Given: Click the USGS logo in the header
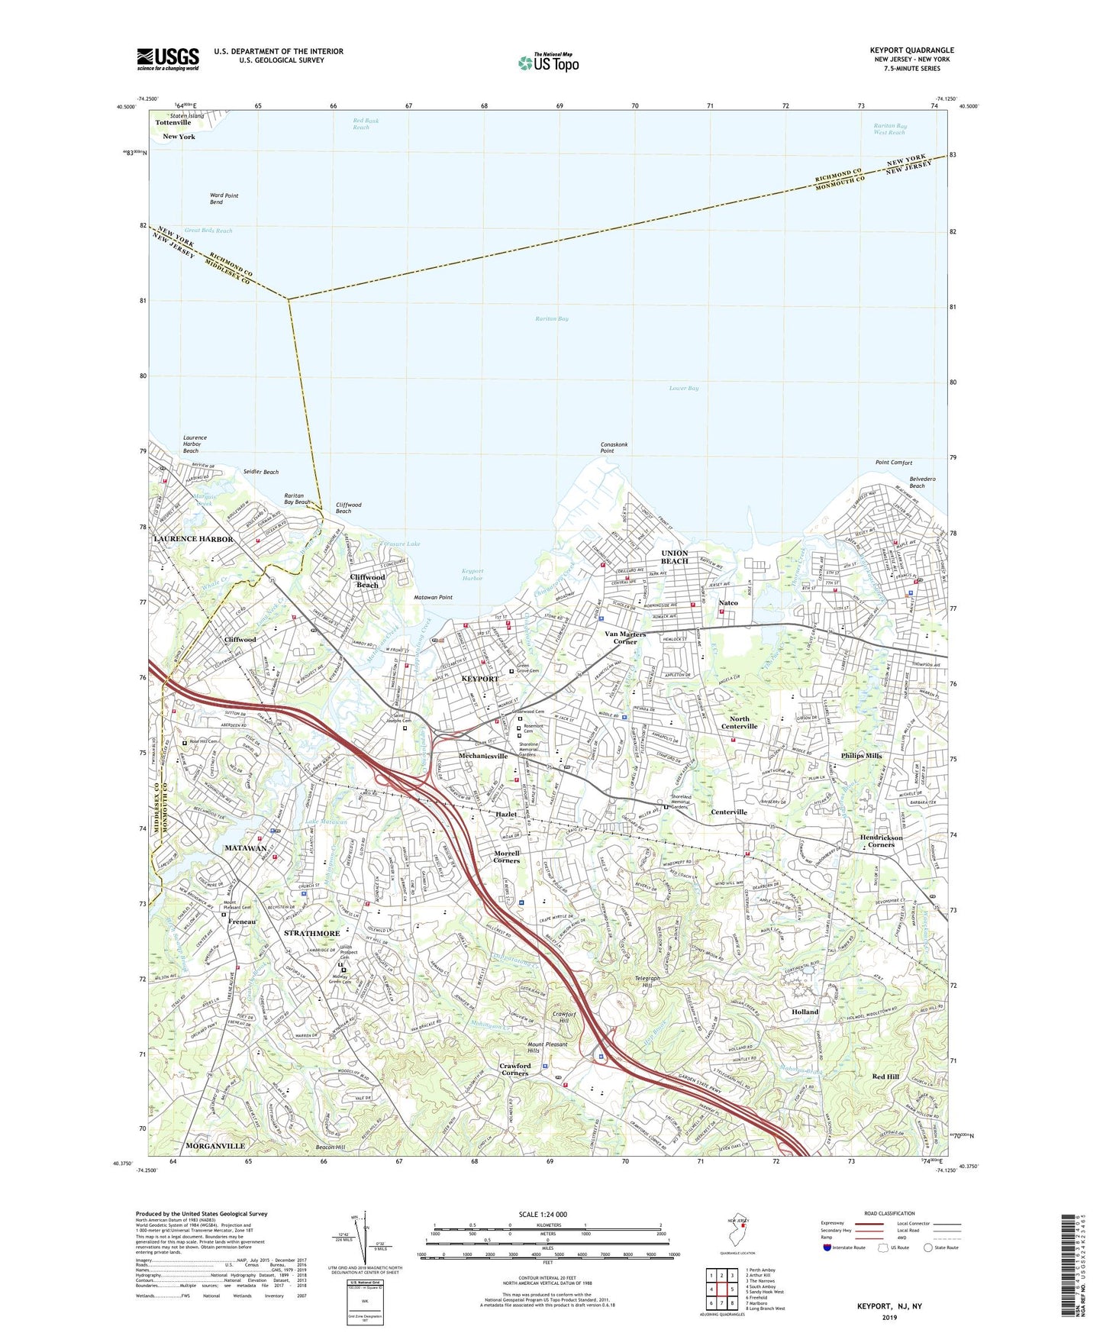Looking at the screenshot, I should (x=168, y=58).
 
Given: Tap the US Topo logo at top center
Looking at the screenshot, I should (x=548, y=63).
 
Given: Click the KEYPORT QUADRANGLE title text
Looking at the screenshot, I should (x=911, y=50).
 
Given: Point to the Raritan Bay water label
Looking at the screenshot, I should (x=552, y=318).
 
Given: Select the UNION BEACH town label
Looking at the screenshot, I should (x=674, y=557).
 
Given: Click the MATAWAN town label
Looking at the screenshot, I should (x=245, y=848).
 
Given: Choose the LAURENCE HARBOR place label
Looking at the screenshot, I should (x=193, y=539).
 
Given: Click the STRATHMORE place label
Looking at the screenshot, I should (x=311, y=933).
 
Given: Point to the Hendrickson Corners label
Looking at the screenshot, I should (x=881, y=841).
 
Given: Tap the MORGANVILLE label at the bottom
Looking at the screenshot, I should (x=215, y=1146).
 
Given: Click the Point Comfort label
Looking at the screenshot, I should (x=893, y=463).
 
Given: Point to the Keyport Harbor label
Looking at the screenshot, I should (x=472, y=574).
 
